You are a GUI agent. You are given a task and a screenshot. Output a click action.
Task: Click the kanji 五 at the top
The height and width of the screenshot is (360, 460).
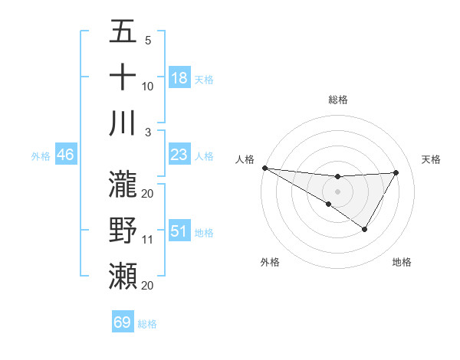coord(123,32)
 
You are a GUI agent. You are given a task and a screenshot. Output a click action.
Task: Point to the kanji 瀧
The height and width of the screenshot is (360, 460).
coord(123,182)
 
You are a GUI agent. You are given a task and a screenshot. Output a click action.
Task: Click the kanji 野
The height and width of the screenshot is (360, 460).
coord(123,229)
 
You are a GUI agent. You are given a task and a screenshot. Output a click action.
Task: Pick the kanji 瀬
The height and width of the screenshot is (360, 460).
coord(123,274)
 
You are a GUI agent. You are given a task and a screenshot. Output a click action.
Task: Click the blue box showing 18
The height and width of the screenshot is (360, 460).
coord(179,77)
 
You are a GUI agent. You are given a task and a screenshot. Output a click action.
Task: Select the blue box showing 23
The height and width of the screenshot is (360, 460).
coord(179,155)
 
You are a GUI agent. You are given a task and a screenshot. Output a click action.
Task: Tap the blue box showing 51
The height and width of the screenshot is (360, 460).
coord(179,231)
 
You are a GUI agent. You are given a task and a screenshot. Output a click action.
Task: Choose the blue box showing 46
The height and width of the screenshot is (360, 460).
coord(66,155)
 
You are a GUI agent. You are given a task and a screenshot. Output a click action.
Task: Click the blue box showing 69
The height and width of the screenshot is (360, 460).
coord(123,322)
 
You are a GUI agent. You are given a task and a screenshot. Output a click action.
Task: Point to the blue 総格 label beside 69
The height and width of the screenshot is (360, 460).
coord(147,324)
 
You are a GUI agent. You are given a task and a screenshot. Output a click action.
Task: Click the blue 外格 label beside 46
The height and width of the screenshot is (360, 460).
coord(41,156)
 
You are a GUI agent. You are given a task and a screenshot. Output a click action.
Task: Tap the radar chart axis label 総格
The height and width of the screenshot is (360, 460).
coord(337,100)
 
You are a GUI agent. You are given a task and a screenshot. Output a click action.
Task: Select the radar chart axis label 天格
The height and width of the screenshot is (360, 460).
coord(431,159)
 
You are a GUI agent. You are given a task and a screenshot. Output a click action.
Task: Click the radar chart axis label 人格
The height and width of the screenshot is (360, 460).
coord(245,159)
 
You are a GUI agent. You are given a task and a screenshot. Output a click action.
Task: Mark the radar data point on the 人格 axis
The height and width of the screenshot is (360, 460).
coord(264,168)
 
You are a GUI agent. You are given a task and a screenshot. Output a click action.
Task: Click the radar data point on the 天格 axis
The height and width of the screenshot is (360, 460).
coord(396,172)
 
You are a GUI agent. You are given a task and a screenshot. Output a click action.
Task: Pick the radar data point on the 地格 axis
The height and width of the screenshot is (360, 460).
coord(365,229)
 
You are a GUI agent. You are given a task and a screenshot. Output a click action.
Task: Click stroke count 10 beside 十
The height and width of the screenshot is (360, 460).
coord(148,87)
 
